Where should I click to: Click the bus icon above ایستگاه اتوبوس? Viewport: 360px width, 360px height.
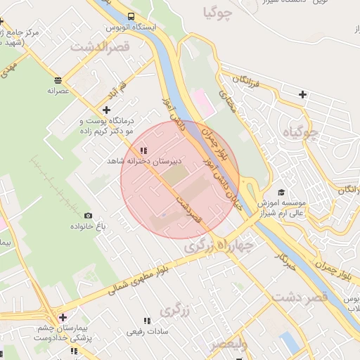(x=133, y=16)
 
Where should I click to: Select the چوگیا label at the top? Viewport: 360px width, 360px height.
(x=216, y=12)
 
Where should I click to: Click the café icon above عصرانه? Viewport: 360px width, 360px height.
(x=57, y=79)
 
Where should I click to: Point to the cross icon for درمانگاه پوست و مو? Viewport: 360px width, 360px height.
(x=106, y=110)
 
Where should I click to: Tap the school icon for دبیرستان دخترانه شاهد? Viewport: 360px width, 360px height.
(x=144, y=150)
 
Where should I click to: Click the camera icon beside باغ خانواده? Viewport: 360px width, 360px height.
(x=88, y=215)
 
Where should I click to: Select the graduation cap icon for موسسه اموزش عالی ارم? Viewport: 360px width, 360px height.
(x=281, y=192)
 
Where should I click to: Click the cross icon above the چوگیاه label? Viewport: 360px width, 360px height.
(x=302, y=94)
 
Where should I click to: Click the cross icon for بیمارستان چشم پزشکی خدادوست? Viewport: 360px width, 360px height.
(x=63, y=318)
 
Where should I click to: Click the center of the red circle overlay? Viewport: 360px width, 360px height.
(x=180, y=180)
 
